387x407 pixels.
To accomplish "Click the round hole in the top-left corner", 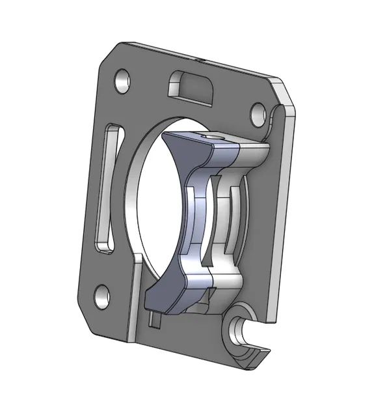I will click(122, 80).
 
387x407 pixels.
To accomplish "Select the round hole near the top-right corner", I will click(257, 111).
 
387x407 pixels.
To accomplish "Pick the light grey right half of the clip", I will click(231, 215).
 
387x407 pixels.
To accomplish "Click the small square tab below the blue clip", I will click(154, 319).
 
